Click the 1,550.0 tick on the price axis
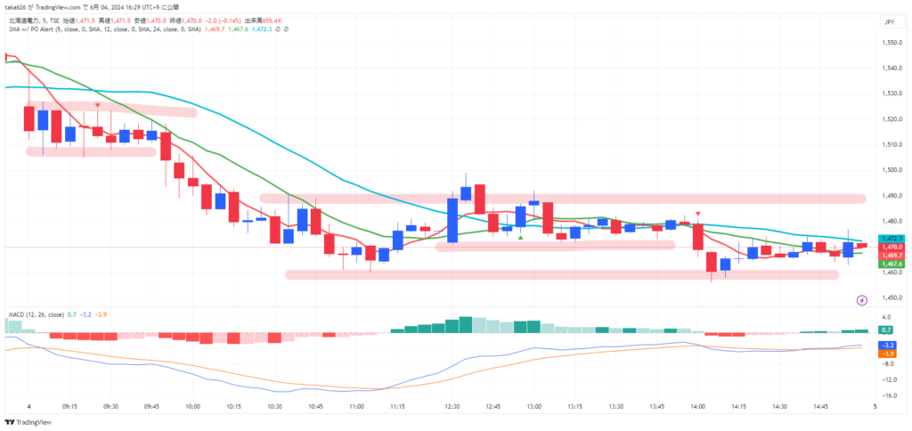coord(889,43)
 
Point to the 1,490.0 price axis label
coord(889,195)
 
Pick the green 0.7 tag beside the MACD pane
coord(887,330)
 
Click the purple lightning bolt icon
coord(862,301)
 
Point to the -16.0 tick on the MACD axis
coord(888,395)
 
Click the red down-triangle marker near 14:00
coord(698,214)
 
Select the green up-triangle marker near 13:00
coord(520,238)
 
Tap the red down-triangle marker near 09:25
coord(97,106)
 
